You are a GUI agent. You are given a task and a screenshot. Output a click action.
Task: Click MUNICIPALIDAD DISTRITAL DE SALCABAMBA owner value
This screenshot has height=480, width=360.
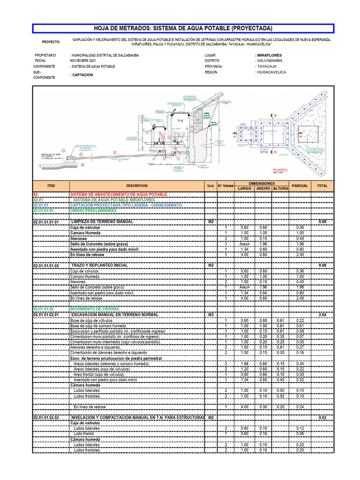[105, 55]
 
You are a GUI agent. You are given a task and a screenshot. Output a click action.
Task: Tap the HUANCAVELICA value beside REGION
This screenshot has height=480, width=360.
[271, 72]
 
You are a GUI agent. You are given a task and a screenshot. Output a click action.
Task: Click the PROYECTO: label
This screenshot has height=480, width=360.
[51, 42]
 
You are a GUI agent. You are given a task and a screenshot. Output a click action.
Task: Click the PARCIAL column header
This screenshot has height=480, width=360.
[300, 186]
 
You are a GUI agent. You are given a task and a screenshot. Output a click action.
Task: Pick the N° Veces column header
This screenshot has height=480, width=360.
[225, 186]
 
